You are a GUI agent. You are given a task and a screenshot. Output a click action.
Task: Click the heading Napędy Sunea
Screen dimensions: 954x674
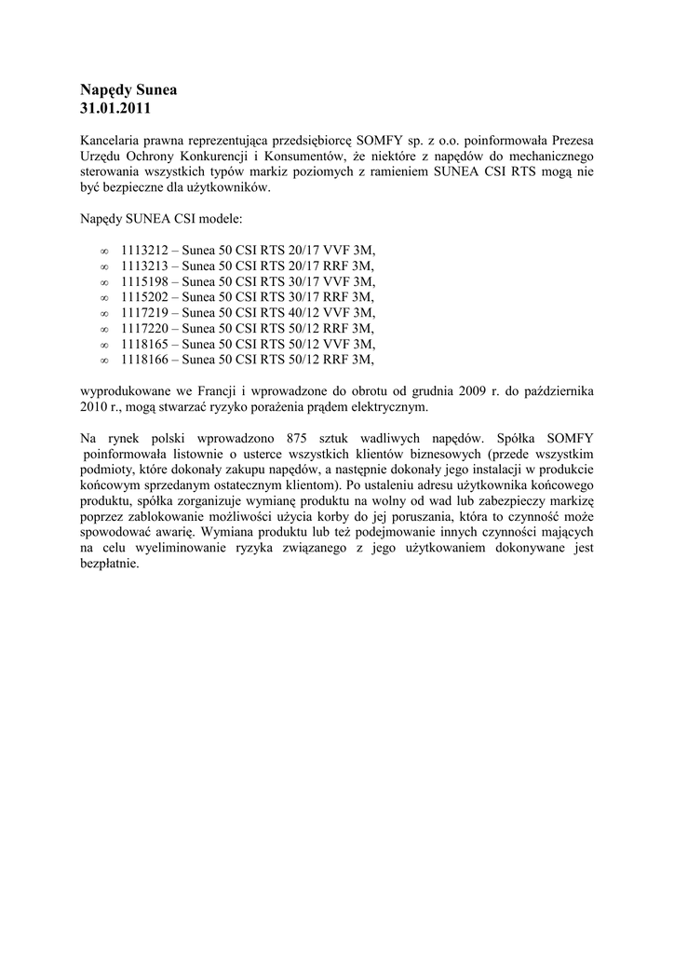click(128, 90)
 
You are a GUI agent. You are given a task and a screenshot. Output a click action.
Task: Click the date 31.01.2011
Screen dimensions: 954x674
click(115, 108)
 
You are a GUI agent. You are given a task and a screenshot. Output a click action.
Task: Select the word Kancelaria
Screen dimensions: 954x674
click(112, 140)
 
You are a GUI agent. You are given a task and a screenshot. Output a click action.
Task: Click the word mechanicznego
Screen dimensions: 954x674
click(550, 156)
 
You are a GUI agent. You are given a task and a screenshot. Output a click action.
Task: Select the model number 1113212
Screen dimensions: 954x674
click(143, 251)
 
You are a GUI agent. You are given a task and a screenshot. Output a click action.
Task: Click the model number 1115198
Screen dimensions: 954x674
click(143, 281)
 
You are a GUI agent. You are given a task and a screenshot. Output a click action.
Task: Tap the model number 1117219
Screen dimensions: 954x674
click(143, 312)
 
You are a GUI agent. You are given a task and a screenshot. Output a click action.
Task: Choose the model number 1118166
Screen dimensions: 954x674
click(143, 359)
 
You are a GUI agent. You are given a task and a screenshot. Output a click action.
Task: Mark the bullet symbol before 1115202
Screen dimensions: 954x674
click(103, 297)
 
